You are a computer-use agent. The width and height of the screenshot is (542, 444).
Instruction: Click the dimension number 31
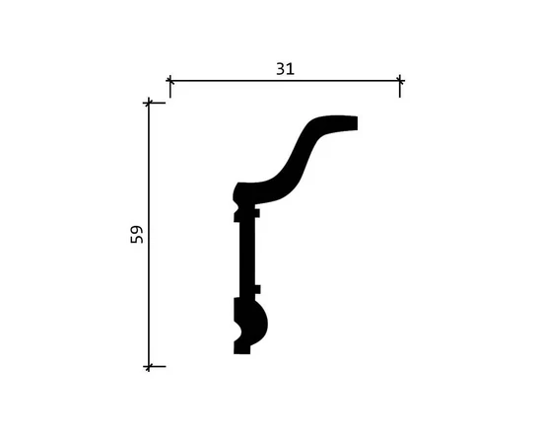coord(285,69)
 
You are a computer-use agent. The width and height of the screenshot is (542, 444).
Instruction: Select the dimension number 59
coord(137,234)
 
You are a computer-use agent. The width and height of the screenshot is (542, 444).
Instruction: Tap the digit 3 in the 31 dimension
coord(281,69)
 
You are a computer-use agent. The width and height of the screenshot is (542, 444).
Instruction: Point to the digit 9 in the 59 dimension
coord(137,230)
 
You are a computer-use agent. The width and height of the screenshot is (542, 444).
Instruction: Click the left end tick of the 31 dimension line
coord(169,81)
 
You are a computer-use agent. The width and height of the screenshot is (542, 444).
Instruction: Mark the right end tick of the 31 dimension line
coord(400,81)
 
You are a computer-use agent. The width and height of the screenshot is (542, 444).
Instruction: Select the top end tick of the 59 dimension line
coord(149,103)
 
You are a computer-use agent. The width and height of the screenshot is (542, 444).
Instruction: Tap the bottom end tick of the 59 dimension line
coord(149,366)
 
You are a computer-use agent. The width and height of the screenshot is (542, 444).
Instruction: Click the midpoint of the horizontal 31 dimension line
coord(285,81)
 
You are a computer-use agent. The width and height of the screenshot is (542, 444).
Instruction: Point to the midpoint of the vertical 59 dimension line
coord(149,235)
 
